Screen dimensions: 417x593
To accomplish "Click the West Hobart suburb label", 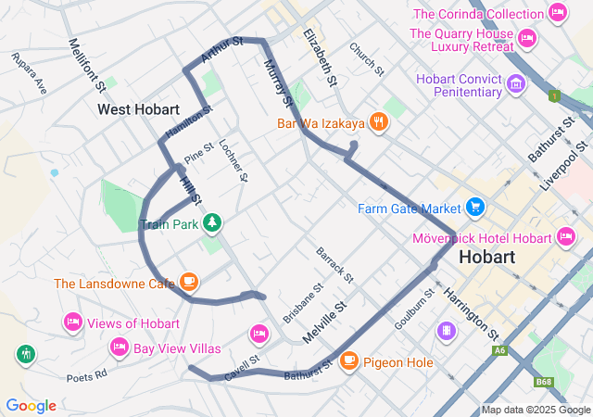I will coord(138,109).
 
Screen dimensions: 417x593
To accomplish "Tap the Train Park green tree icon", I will coord(213,222).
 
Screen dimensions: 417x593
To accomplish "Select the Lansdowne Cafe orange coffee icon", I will coord(189,282).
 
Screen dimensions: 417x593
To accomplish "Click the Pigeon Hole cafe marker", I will coord(349,361).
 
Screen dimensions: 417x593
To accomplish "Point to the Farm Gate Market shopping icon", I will coord(475,206).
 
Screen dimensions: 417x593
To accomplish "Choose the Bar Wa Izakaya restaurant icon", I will coord(378,122).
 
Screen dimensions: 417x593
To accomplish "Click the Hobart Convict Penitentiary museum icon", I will coord(516,85).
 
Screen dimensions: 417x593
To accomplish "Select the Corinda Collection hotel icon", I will coord(557,13).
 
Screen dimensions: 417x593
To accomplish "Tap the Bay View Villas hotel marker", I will coord(119,347).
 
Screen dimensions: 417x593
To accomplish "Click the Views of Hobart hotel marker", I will coord(72,322).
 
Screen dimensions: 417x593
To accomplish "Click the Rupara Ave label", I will coord(29,74).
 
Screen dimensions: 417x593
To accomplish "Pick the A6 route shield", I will coord(500,350).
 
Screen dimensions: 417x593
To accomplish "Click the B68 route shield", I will coord(544,381).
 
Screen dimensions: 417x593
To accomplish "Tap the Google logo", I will coord(31,406).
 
